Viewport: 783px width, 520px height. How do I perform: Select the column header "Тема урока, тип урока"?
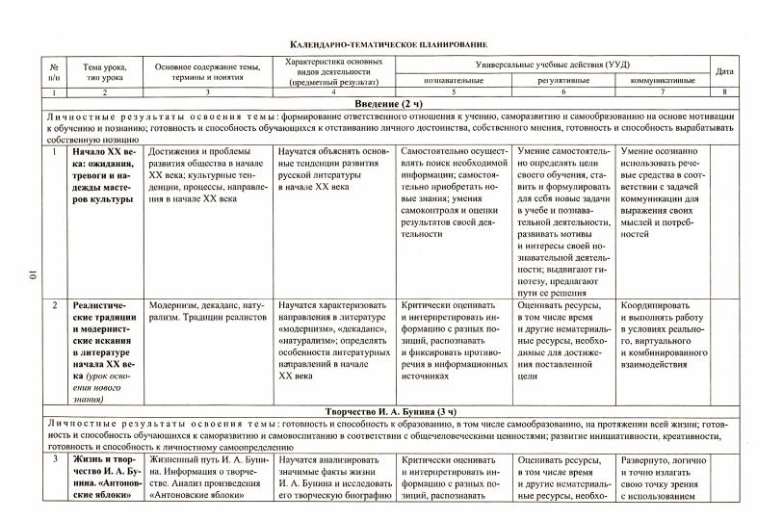[105, 71]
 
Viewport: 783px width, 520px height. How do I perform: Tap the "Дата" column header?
[724, 71]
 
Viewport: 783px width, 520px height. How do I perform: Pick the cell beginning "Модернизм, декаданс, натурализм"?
[207, 312]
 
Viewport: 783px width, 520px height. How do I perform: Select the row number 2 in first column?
[55, 305]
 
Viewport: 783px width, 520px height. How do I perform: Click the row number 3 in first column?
[55, 459]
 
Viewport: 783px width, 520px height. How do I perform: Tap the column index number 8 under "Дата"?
[724, 91]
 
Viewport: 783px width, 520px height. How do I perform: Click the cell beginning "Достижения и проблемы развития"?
[207, 171]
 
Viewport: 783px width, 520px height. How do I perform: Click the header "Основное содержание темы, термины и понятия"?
[207, 71]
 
